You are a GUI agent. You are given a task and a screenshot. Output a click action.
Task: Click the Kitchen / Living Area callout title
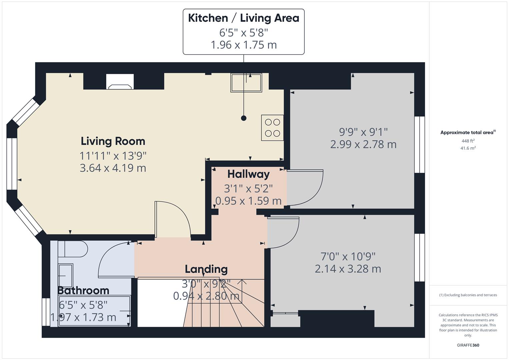(x=243, y=18)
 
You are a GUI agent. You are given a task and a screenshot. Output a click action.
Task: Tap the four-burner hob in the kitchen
(x=272, y=128)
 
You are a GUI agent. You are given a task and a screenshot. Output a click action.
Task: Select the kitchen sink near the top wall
(x=246, y=82)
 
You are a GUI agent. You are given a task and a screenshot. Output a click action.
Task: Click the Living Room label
(x=113, y=141)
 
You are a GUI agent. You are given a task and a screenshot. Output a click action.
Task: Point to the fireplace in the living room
(x=120, y=82)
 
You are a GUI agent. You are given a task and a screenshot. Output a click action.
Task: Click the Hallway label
(x=248, y=174)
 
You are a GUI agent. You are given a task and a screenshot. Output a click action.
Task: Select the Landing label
(x=206, y=269)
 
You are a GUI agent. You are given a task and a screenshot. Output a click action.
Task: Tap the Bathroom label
(x=83, y=290)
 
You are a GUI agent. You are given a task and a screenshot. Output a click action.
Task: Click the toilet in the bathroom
(x=73, y=249)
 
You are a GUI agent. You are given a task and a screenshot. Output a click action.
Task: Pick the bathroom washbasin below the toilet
(x=65, y=275)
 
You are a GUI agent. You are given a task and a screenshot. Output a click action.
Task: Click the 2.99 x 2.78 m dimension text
(x=363, y=144)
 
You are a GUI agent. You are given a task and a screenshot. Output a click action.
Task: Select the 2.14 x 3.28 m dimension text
(x=348, y=269)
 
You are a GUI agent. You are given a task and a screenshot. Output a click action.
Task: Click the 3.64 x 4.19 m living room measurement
(x=113, y=168)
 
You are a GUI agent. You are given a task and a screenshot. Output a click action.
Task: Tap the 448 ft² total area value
(x=468, y=141)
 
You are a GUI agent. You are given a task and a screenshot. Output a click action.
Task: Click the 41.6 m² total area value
(x=468, y=148)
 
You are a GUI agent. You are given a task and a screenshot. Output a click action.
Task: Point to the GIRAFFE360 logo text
(x=468, y=345)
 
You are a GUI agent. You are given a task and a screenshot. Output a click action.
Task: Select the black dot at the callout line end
(x=244, y=118)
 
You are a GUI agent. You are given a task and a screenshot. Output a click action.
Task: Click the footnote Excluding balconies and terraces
(x=468, y=295)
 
